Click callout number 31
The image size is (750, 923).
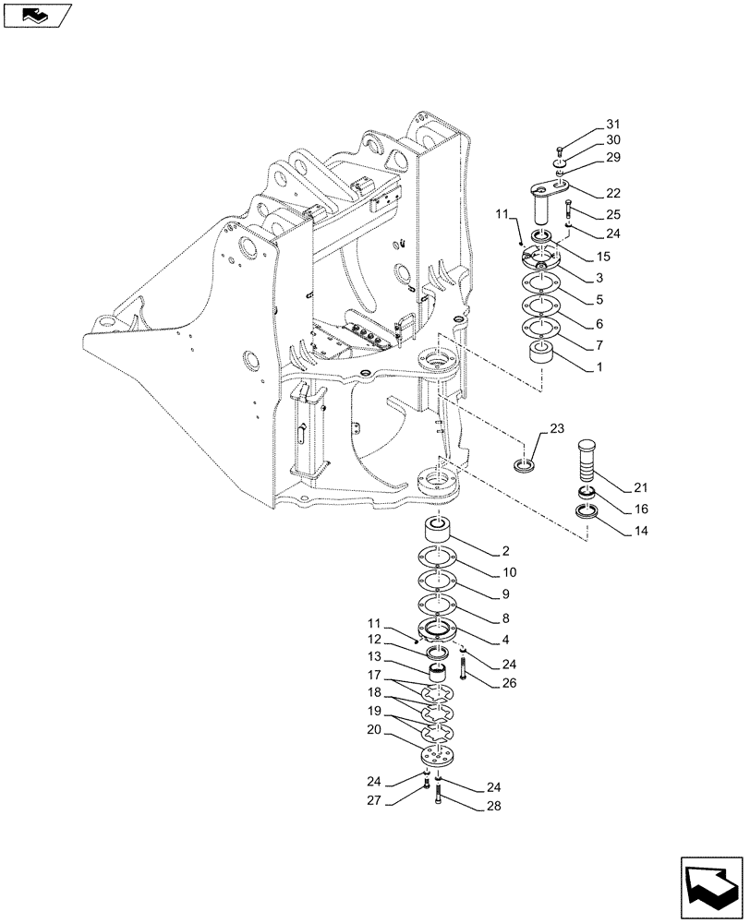tap(614, 126)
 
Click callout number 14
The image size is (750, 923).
tap(614, 533)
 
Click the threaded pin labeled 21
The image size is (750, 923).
tap(587, 460)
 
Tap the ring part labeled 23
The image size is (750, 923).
tap(526, 464)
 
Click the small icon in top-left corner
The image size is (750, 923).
tap(36, 15)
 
